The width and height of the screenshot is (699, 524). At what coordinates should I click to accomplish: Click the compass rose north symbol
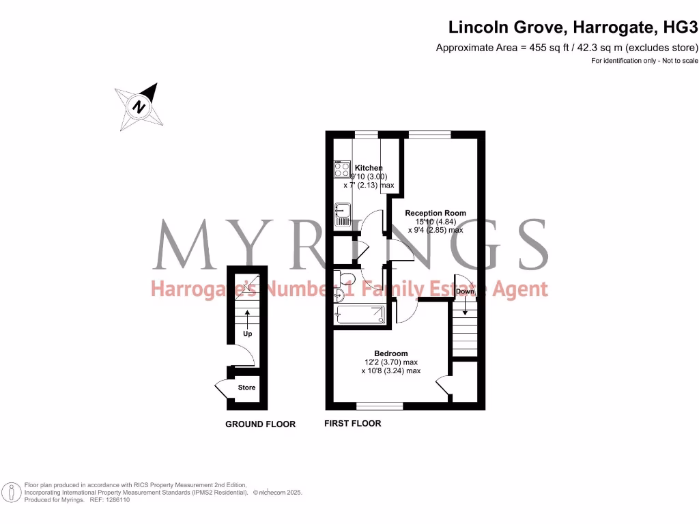140,106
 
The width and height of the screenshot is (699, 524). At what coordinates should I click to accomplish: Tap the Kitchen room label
368,168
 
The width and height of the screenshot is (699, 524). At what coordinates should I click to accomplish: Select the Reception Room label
436,213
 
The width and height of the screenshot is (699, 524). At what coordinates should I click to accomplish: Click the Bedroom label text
390,353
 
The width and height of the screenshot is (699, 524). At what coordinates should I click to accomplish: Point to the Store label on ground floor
246,388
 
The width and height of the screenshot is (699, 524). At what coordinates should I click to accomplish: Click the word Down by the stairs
465,291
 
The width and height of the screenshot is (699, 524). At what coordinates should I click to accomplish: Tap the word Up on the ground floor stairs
247,334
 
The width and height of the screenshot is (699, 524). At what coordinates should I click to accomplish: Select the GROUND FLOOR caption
260,424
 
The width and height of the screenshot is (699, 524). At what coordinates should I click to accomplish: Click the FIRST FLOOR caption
352,424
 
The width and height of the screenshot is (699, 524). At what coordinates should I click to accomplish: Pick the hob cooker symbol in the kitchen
341,169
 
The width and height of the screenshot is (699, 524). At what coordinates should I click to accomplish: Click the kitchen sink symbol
341,215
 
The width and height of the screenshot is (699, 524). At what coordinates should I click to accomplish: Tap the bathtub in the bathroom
360,315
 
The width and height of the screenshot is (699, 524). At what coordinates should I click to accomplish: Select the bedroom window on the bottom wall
380,406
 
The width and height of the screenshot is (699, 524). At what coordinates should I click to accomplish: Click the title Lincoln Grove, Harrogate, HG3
573,28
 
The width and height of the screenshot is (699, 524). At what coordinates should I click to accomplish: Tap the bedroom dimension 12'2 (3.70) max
390,362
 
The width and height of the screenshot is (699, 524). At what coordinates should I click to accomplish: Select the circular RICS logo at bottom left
12,492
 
